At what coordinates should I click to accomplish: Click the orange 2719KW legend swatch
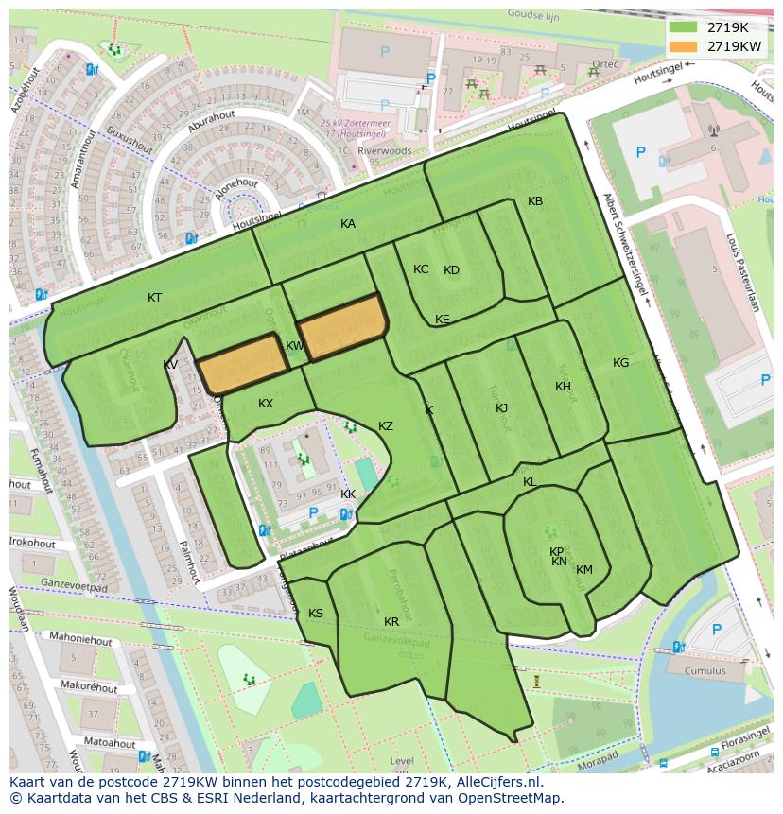point(683,45)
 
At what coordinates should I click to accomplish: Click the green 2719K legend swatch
point(683,27)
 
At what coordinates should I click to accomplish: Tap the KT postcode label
point(155,298)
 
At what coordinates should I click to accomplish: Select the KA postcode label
point(348,224)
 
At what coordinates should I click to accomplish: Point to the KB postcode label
point(535,201)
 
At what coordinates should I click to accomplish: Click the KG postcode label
point(620,363)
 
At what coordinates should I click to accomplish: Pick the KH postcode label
point(564,387)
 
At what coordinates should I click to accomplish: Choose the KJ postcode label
point(502,408)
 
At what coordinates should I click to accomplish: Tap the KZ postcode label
point(386,426)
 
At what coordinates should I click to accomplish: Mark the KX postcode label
point(266,404)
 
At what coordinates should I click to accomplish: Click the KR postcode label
point(391,622)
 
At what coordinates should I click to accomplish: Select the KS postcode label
point(316,614)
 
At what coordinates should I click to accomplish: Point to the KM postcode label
point(584,570)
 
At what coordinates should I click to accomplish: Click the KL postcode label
point(530,482)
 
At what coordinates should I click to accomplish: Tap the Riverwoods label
point(385,150)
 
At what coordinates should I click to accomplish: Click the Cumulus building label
point(706,671)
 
